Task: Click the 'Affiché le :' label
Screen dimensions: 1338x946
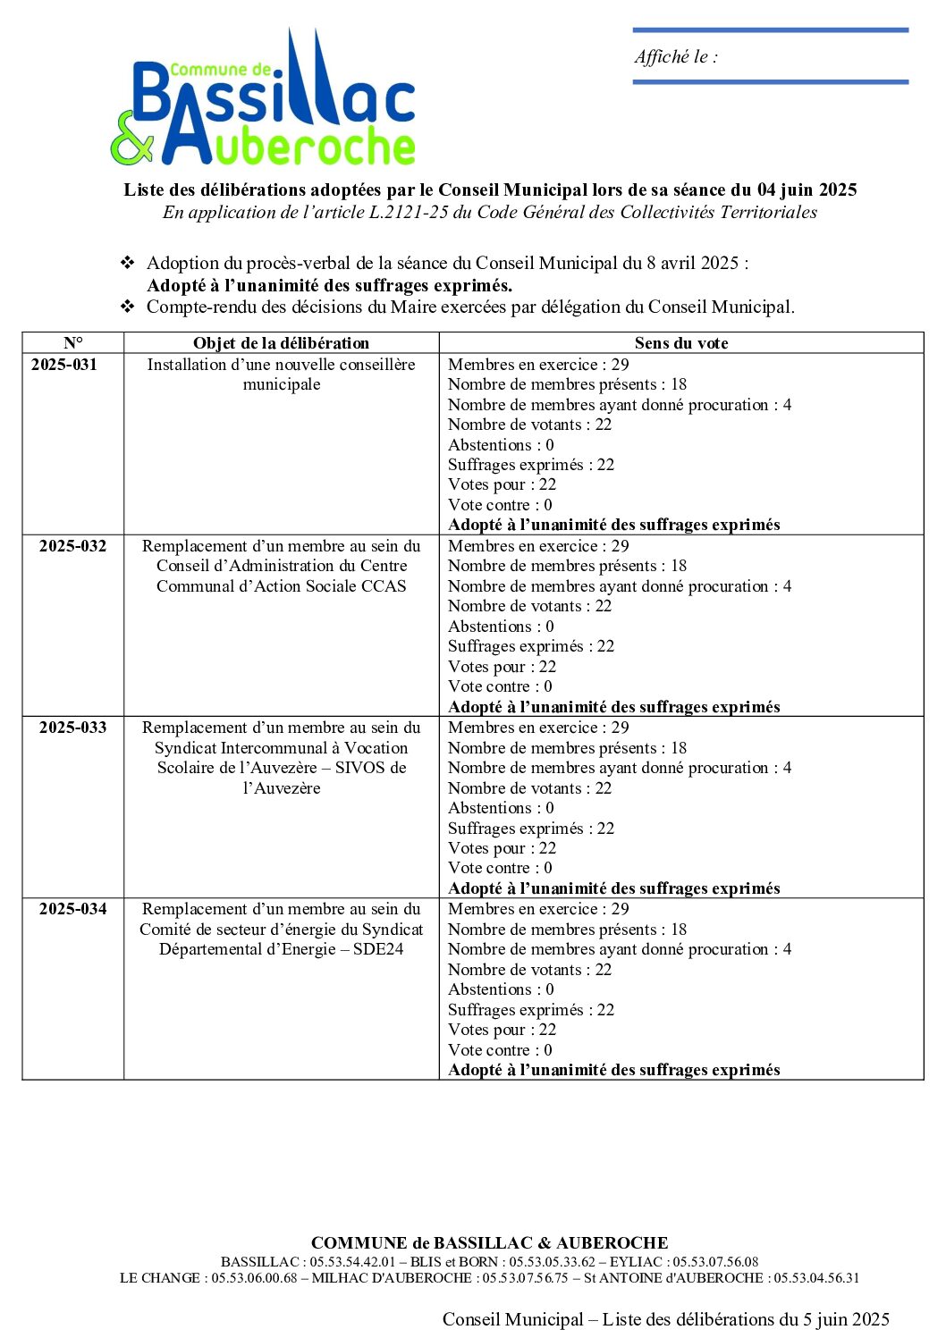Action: pos(676,57)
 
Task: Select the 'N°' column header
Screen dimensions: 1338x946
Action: pos(73,343)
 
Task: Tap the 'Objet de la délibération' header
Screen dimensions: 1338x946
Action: pos(281,343)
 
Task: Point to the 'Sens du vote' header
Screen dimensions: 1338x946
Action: pos(681,343)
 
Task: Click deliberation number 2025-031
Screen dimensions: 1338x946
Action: pos(64,365)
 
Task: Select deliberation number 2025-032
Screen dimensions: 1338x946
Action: pos(72,546)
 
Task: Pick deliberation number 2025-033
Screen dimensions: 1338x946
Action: pos(72,728)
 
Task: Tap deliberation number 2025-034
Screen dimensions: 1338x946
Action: pos(72,909)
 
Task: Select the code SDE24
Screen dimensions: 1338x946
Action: pos(378,949)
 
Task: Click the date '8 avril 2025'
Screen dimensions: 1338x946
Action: pos(693,263)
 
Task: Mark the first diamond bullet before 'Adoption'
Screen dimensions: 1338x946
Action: pos(128,263)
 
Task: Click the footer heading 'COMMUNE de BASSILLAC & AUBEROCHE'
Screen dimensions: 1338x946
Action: pos(489,1243)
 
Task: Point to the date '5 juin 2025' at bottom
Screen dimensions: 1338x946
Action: pos(846,1319)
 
